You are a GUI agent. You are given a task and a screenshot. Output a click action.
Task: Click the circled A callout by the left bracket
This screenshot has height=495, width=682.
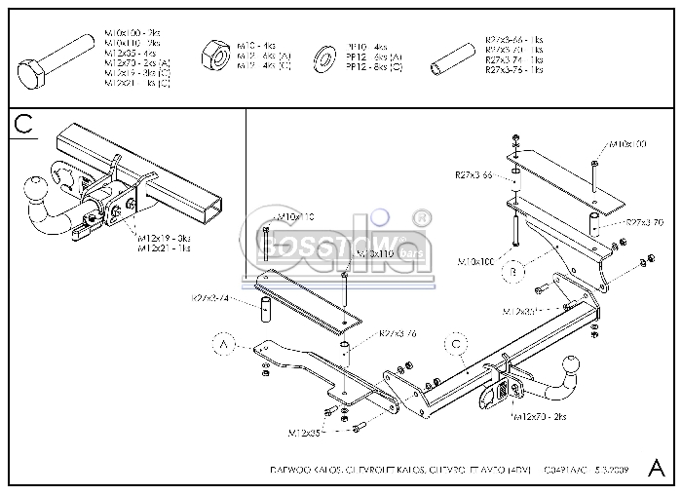(224, 344)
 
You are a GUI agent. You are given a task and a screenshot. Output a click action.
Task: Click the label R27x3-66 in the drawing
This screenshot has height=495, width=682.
(474, 175)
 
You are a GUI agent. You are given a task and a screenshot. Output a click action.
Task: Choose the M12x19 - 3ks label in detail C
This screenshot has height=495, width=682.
(165, 238)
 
